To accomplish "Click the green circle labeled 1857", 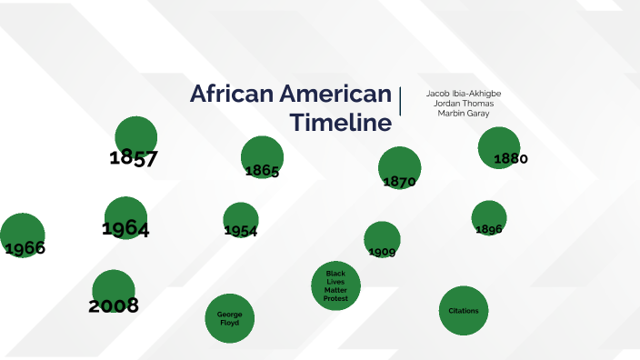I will pos(135,138).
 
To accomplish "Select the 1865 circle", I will pos(262,157).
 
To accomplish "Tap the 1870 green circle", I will pos(400,167).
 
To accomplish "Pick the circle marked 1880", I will pos(499,148).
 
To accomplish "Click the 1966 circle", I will pos(22,235).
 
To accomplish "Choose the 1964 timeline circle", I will pos(125,218).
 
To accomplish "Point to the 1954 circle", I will pos(241,220).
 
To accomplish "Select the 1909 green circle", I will pos(382,239).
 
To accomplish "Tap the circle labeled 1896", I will pos(489,218).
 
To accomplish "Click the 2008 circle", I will pos(114,292).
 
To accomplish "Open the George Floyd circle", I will pos(229,318).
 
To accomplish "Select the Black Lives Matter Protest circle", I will pos(335,285).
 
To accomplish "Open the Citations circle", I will pos(464,311).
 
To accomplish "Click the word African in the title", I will pos(231,95).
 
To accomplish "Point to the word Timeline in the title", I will pos(341,123).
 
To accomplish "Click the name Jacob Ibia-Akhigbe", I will pos(464,94).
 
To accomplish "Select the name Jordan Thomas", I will pos(464,104).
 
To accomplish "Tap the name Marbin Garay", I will pos(464,114).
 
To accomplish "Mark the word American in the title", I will pos(335,95).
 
